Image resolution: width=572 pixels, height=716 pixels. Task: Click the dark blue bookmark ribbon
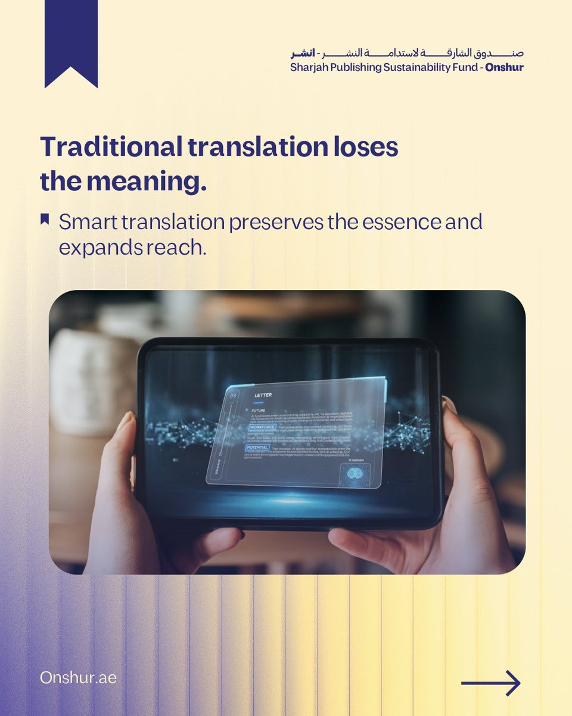tap(71, 39)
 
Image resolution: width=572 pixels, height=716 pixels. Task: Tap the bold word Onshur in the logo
tap(504, 67)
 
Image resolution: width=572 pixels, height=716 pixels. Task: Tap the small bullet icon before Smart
tap(45, 220)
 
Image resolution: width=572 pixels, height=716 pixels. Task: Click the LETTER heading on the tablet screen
tap(263, 396)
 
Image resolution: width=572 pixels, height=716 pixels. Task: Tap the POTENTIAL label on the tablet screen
tap(257, 447)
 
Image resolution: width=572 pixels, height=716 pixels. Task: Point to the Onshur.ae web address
tap(78, 678)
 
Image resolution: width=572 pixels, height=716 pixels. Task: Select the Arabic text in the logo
tap(405, 53)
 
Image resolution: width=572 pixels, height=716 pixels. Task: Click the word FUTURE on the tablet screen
tap(258, 411)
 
